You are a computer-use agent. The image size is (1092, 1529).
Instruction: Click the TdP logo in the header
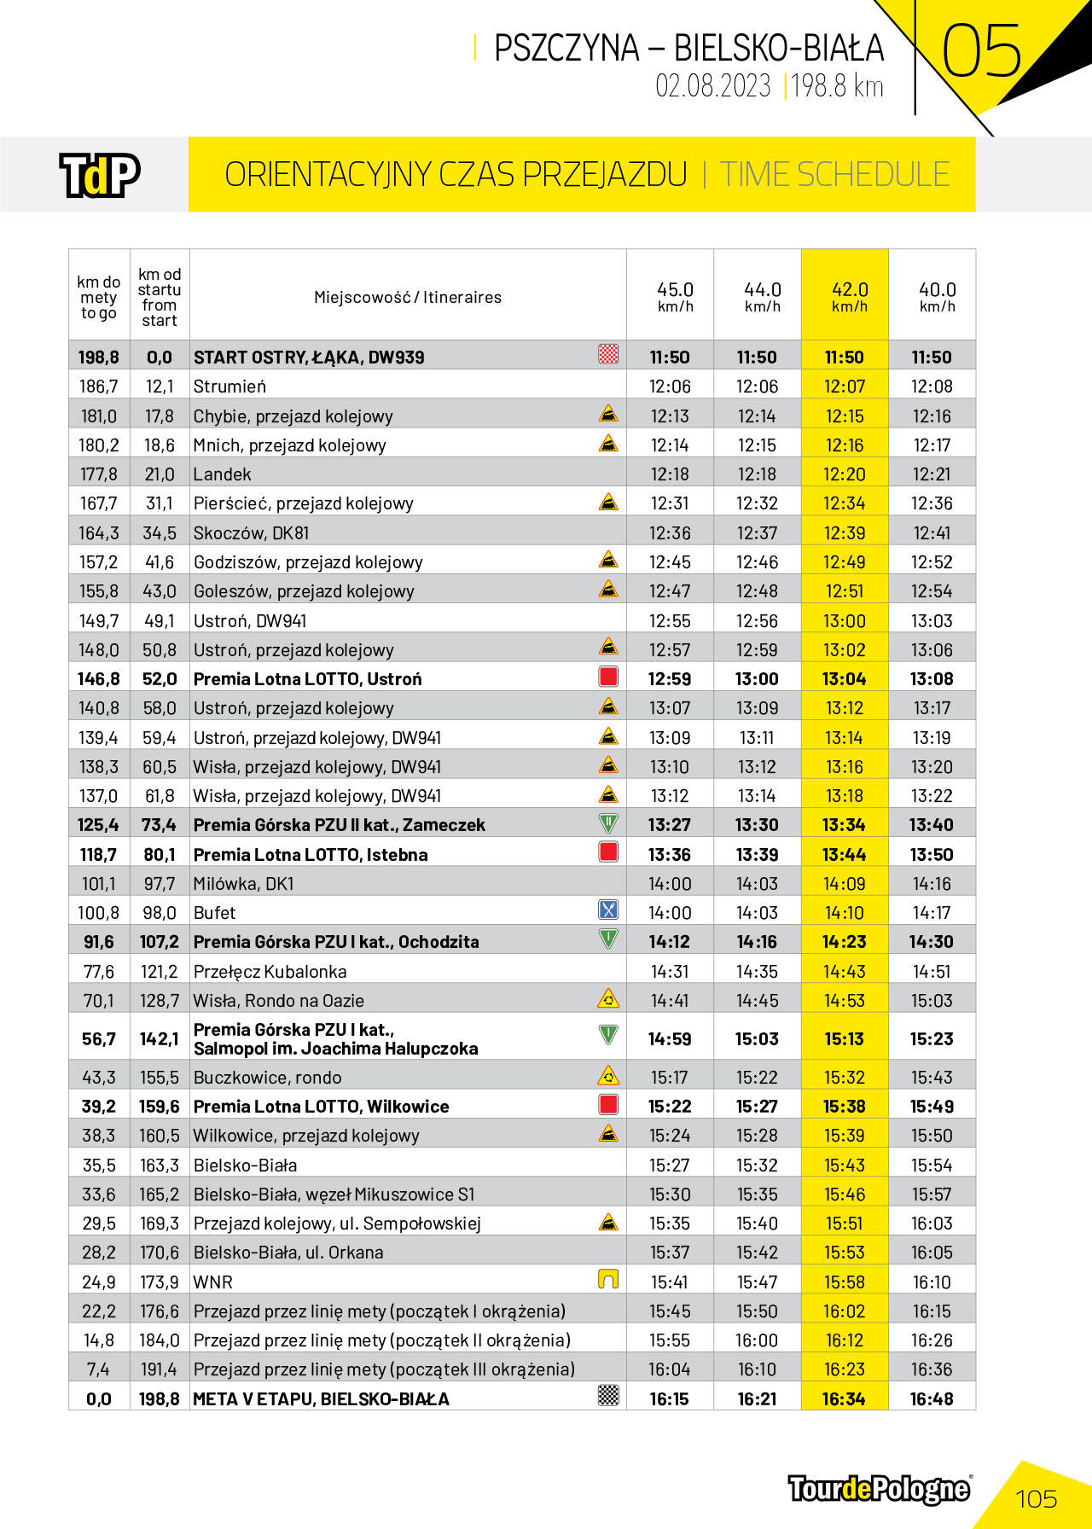coord(99,175)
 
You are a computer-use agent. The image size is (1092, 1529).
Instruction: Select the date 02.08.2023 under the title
coord(712,86)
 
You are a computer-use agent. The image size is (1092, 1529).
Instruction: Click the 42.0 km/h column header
coord(849,296)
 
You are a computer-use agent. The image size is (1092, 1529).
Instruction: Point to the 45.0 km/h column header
coord(675,296)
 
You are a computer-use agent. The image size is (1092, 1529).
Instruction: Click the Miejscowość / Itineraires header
coord(407,297)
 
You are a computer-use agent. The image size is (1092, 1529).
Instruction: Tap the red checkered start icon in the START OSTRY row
coord(608,354)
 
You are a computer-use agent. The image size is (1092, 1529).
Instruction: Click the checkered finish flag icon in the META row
coord(608,1395)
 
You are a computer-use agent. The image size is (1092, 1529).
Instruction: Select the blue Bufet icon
coord(608,910)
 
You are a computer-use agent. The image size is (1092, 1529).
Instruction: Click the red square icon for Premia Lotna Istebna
coord(608,852)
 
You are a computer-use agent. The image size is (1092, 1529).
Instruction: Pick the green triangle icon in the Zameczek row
coord(608,823)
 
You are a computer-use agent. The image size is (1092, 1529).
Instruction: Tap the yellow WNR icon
coord(608,1279)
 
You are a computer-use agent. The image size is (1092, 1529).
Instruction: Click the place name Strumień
coord(229,387)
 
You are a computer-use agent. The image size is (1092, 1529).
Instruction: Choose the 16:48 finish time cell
coord(932,1398)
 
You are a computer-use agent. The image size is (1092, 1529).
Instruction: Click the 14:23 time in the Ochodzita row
coord(844,942)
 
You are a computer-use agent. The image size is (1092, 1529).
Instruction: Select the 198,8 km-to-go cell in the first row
coord(99,358)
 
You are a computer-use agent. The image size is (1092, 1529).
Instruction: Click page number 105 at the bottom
coord(1036,1499)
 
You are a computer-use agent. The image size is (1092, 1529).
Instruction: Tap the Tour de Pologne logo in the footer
coord(879,1489)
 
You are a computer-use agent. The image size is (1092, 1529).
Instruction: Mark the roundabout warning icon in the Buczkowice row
coord(608,1075)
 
